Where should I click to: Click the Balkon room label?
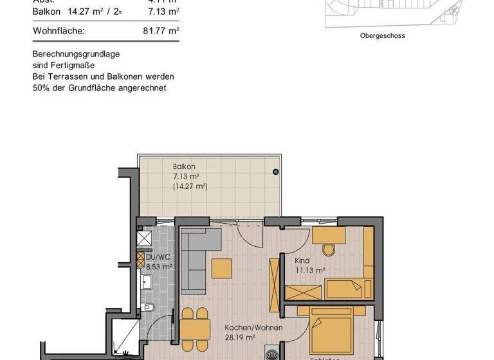184,166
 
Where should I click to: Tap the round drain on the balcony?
275,172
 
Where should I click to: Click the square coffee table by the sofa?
221,267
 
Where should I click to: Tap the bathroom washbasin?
147,280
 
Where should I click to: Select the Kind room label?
302,261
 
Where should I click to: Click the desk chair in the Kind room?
328,249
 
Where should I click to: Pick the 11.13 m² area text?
310,271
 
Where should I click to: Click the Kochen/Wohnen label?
244,327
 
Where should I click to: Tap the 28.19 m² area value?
240,337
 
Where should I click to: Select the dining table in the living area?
194,330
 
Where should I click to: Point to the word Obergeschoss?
382,36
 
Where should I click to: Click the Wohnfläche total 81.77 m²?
161,30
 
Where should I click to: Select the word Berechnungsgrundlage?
76,54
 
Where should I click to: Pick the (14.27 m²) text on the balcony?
190,186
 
